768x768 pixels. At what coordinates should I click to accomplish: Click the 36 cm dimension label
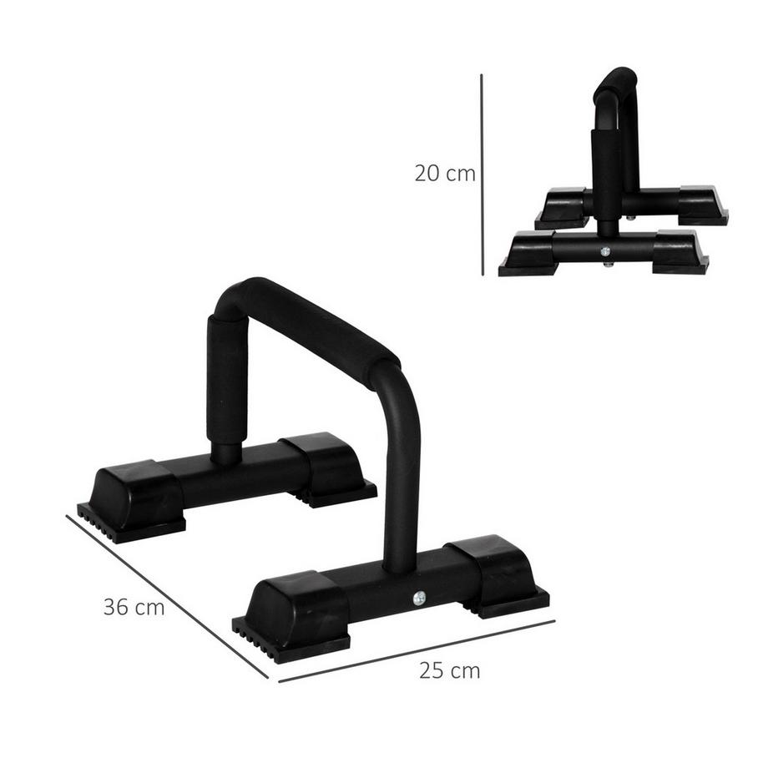134,607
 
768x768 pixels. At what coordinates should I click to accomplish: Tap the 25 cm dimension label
451,670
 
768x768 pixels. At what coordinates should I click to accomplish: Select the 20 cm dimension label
445,174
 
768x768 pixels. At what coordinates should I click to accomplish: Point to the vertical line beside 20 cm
482,175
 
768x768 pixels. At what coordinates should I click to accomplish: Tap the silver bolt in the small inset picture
605,250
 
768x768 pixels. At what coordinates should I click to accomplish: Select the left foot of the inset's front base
528,252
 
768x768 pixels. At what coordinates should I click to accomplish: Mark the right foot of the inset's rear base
701,203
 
